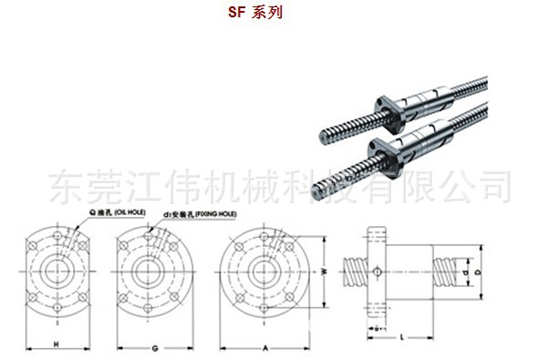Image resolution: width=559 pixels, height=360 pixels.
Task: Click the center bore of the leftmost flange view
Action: [x=57, y=271]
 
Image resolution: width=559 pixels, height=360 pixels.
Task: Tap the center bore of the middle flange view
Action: [x=145, y=271]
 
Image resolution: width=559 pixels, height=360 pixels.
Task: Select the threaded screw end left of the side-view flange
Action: [x=355, y=271]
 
